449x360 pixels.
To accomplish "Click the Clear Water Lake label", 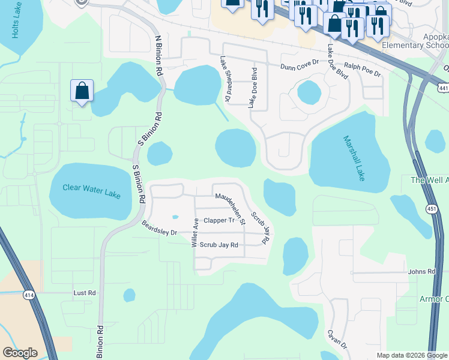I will (x=91, y=191).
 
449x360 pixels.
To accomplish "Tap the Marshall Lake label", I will (x=354, y=158).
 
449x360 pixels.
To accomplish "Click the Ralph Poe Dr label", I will (x=362, y=69).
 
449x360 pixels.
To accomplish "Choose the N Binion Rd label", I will (x=159, y=55).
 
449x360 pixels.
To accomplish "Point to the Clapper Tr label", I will (x=217, y=221).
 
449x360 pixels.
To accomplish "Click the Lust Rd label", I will (x=84, y=293).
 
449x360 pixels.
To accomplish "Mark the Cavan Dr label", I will (x=337, y=339).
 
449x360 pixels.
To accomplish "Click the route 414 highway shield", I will (x=29, y=295).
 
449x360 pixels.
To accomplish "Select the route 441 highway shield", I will (x=443, y=88).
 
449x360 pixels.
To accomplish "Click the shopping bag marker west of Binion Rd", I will (x=82, y=91).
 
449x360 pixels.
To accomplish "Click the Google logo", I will (x=20, y=353).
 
